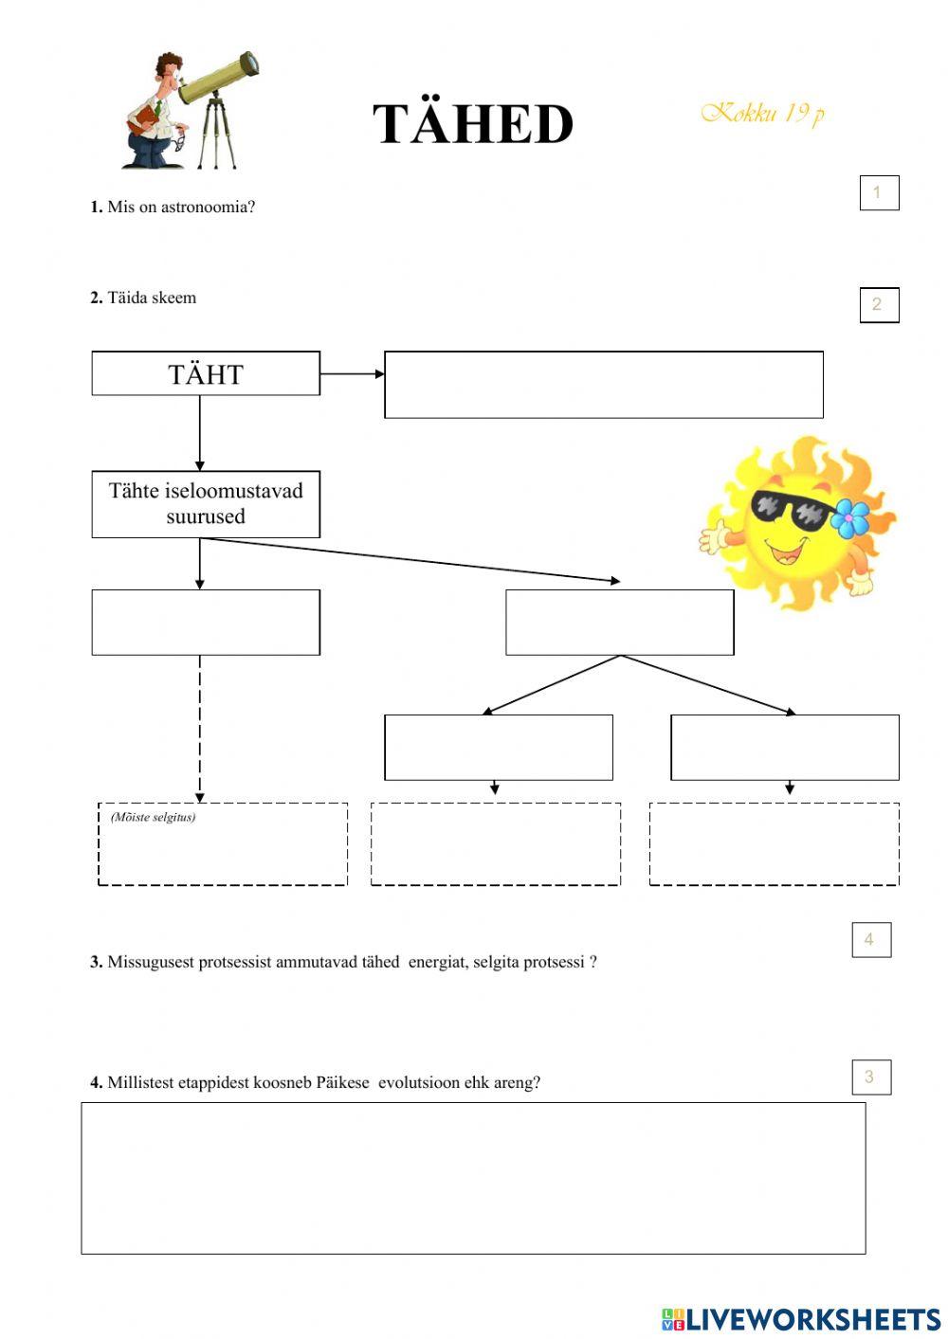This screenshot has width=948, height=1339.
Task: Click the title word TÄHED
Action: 473,124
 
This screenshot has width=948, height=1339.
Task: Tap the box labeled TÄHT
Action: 206,373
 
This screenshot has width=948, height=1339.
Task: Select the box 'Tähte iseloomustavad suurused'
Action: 206,504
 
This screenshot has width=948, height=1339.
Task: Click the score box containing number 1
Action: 879,192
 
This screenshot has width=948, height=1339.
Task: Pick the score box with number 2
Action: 879,304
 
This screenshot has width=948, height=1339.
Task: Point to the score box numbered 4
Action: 871,940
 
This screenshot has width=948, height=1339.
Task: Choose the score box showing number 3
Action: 871,1077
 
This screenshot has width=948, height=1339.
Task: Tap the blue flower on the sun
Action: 849,517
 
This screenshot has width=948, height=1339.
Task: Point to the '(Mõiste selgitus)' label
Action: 153,817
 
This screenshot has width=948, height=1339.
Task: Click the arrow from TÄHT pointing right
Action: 352,373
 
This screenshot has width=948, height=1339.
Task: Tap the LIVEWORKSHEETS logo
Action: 801,1318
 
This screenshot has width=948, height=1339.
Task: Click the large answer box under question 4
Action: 473,1178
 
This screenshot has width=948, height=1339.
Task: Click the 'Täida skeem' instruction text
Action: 152,298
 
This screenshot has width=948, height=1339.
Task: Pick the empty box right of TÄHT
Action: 603,385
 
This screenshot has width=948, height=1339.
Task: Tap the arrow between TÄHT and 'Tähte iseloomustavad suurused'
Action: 200,432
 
